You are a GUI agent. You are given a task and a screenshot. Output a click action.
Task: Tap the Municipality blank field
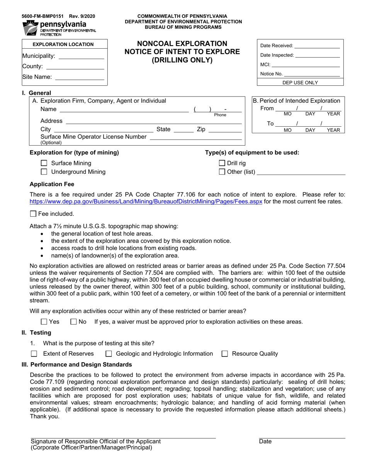81,56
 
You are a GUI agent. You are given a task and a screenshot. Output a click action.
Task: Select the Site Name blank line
80,77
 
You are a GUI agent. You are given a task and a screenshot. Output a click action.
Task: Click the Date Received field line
317,46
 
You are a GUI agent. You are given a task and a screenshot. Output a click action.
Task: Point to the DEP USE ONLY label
300,82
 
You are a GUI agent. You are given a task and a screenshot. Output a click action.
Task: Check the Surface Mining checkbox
44,163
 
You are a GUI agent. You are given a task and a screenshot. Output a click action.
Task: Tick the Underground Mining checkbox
44,172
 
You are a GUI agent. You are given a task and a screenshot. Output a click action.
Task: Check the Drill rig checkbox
222,163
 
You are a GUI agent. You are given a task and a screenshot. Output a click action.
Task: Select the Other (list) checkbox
222,172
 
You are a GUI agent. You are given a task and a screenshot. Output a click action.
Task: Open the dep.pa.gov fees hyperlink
146,202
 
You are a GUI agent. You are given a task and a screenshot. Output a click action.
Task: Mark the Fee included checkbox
33,214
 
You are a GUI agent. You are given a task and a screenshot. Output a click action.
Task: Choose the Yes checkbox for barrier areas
44,322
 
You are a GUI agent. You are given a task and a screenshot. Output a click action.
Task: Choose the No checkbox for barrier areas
74,322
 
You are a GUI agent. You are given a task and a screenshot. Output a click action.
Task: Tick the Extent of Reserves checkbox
34,354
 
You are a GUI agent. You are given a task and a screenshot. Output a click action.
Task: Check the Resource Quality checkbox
225,354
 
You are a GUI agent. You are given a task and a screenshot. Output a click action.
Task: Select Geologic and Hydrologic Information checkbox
109,354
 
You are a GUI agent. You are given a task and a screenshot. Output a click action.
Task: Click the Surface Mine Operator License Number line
195,137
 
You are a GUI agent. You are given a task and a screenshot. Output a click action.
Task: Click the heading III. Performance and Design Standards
77,365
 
